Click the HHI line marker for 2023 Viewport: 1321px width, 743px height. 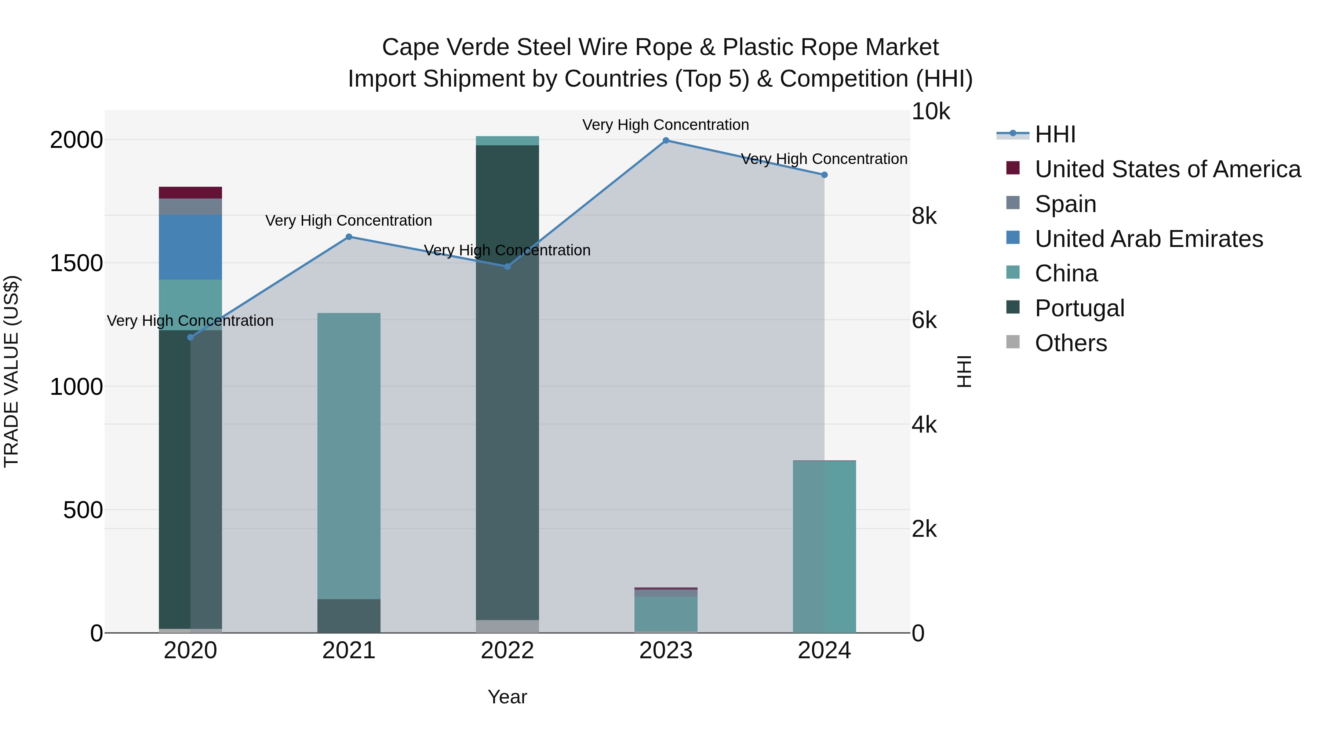point(666,141)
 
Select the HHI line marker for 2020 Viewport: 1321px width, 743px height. point(190,338)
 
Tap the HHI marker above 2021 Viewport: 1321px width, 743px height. point(349,237)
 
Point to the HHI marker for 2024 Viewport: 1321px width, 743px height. point(824,175)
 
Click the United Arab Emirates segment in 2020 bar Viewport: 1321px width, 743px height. point(190,247)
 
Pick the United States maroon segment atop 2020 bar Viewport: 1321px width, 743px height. point(190,193)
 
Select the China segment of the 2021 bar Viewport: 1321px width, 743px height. point(349,455)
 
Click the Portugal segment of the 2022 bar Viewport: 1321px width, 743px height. point(507,382)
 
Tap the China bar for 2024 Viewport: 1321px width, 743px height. point(824,546)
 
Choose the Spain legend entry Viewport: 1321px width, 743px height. point(1065,204)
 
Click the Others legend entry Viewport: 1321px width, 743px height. point(1070,343)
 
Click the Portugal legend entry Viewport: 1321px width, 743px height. point(1079,308)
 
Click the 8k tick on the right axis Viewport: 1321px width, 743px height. point(924,216)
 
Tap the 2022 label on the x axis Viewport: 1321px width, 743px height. point(507,651)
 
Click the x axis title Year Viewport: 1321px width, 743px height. point(507,697)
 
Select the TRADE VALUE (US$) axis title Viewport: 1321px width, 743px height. point(11,371)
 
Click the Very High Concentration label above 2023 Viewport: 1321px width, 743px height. point(666,125)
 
